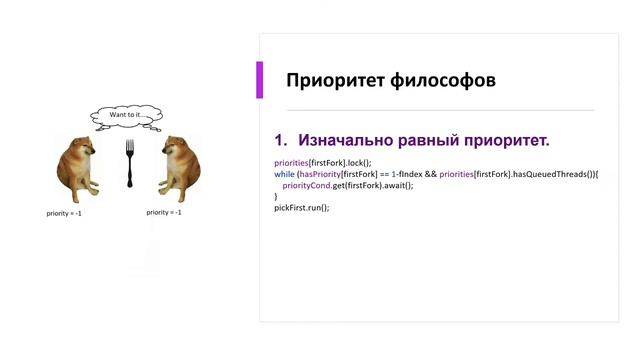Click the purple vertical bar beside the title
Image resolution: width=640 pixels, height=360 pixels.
click(260, 80)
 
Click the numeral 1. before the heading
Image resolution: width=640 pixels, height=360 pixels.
click(281, 140)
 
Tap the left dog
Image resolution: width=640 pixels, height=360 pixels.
click(78, 168)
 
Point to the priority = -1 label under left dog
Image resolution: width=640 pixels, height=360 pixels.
click(64, 213)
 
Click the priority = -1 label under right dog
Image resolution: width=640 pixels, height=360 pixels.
click(164, 213)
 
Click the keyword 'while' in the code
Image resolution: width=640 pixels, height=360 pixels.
click(284, 174)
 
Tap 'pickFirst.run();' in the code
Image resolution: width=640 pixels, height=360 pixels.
click(301, 208)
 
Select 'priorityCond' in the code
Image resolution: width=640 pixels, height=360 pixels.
click(305, 185)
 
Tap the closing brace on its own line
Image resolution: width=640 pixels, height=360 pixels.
click(276, 197)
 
